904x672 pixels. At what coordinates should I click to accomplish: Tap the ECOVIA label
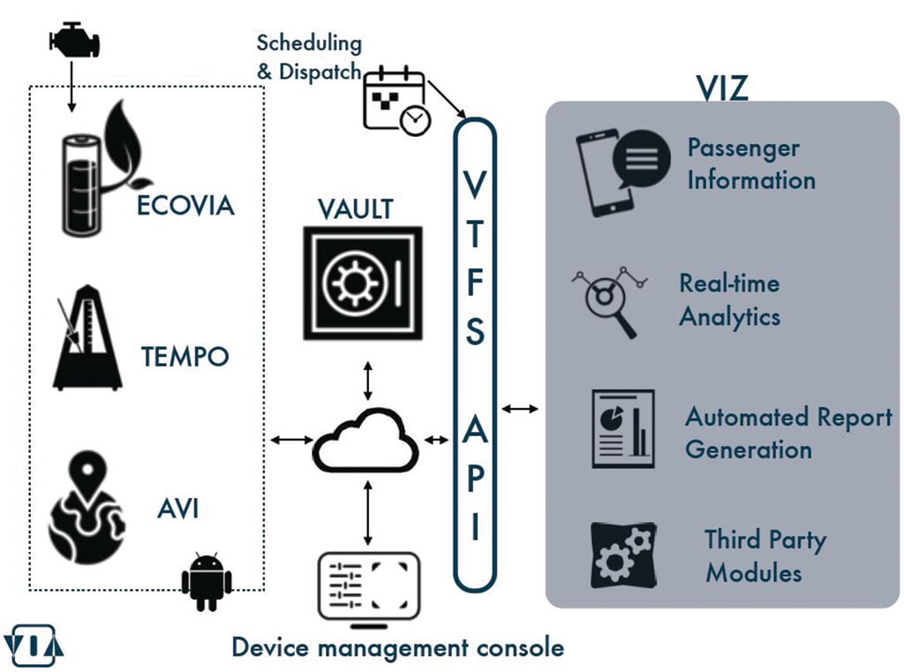tap(185, 206)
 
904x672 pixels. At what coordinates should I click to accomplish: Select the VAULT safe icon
tap(363, 283)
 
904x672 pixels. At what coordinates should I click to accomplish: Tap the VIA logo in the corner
tap(33, 645)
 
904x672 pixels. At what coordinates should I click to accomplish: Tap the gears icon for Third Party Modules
tap(623, 555)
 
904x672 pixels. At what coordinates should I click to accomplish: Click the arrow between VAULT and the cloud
tap(367, 378)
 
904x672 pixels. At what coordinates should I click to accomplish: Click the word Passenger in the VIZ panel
tap(743, 147)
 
